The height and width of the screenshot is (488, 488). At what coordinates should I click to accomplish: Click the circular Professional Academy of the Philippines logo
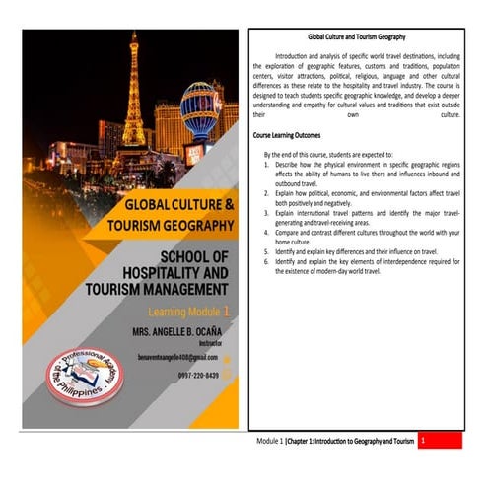coord(84,376)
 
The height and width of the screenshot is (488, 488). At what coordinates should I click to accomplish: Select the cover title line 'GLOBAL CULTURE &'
coord(179,205)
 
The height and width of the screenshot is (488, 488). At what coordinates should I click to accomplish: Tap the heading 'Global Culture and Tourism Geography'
coord(357,36)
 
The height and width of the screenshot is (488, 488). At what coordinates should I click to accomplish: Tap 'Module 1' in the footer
coord(268,442)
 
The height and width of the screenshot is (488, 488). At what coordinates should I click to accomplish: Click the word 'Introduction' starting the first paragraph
coord(295,57)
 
